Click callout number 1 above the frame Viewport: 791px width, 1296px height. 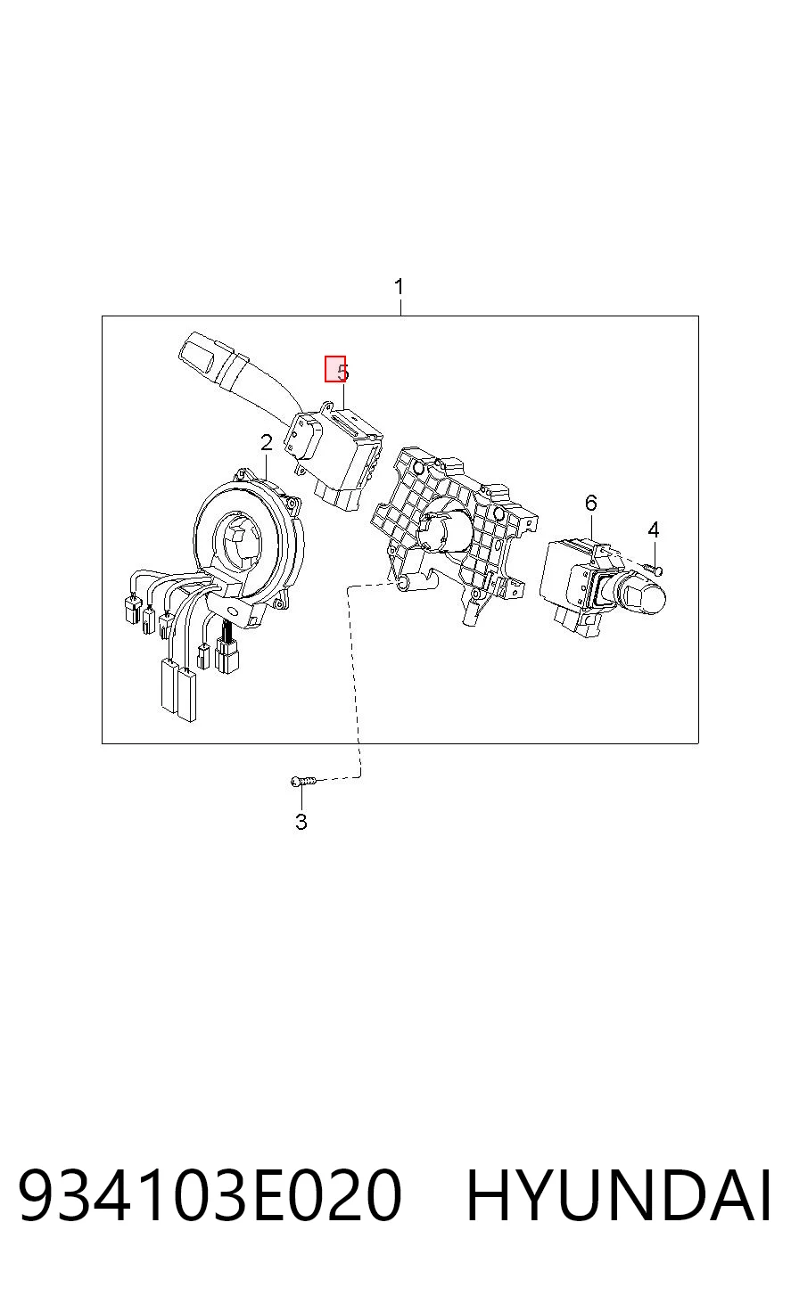coord(399,286)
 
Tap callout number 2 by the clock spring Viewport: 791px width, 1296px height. coord(266,443)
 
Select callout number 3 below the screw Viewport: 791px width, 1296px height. coord(301,822)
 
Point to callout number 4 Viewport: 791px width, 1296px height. coord(653,529)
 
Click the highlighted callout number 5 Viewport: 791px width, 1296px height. coord(335,369)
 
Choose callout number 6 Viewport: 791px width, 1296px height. coord(590,503)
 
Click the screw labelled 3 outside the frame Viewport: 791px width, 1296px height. coord(304,781)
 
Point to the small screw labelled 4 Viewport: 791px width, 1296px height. coord(653,570)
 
